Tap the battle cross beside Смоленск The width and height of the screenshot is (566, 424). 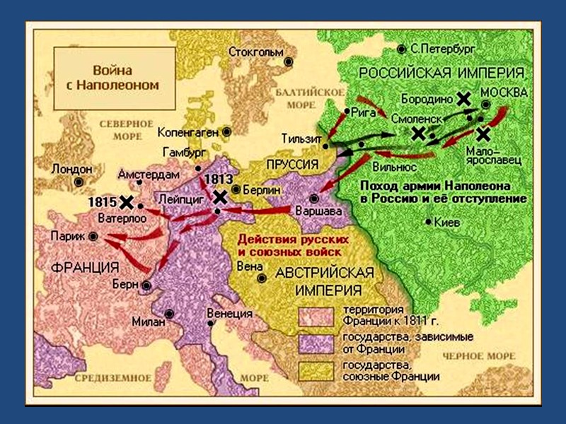(419, 133)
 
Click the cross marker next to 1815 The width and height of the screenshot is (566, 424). (127, 202)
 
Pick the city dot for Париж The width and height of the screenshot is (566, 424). (93, 237)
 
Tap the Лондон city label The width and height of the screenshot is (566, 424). (71, 170)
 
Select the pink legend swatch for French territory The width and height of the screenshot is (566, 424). (316, 316)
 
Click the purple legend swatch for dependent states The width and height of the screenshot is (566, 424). (316, 343)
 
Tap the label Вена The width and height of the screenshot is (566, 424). (251, 266)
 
